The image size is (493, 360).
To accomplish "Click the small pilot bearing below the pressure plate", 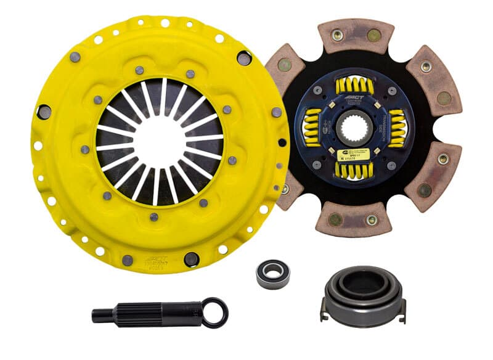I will [x=273, y=272].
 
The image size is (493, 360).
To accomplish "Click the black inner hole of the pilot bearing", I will [x=273, y=272].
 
